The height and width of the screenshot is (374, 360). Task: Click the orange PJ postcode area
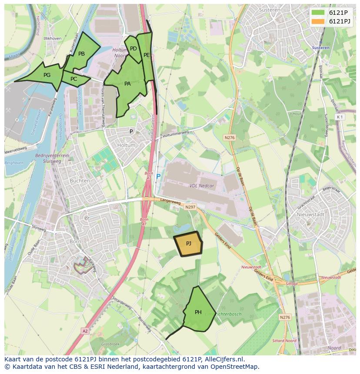[188, 244]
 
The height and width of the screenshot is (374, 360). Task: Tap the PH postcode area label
[198, 312]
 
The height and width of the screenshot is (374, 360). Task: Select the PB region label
[81, 54]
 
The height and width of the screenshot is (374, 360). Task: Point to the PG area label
[47, 75]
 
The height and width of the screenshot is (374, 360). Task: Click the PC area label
[73, 79]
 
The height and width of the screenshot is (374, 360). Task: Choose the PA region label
[127, 84]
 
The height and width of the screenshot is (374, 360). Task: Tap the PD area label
[133, 49]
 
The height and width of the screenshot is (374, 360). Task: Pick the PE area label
[147, 55]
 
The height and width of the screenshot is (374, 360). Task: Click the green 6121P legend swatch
[318, 13]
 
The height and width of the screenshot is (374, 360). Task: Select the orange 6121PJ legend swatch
[318, 21]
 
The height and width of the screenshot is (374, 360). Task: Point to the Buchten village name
[80, 181]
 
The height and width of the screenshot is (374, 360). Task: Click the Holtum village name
[127, 146]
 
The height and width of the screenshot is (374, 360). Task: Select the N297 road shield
[190, 207]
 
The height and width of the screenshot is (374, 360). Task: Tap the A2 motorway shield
[85, 331]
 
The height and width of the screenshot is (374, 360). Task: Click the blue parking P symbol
[158, 177]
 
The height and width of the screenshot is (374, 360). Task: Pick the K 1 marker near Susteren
[340, 117]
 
